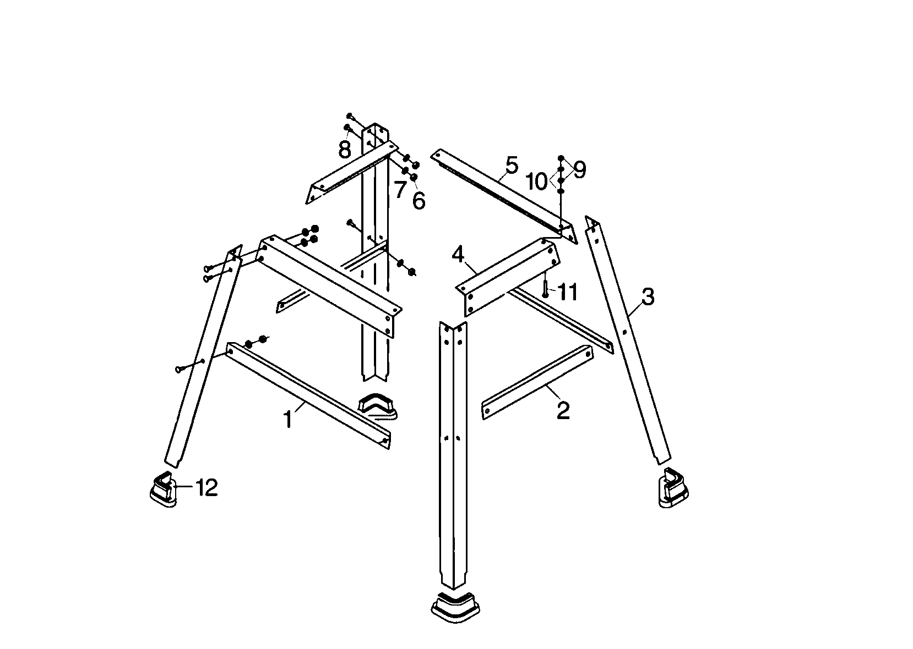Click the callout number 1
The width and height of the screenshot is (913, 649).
287,420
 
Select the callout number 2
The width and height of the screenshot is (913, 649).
563,410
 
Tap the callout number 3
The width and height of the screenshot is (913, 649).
648,298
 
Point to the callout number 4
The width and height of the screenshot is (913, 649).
458,255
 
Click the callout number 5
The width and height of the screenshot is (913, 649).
512,165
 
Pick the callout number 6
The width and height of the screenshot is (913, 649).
419,201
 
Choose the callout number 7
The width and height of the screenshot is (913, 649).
400,190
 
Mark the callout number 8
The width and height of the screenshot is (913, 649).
345,149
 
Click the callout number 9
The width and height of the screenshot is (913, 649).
579,170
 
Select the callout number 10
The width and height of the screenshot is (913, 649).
537,181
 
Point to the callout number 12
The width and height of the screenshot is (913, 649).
206,487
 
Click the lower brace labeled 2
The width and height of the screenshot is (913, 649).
537,382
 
